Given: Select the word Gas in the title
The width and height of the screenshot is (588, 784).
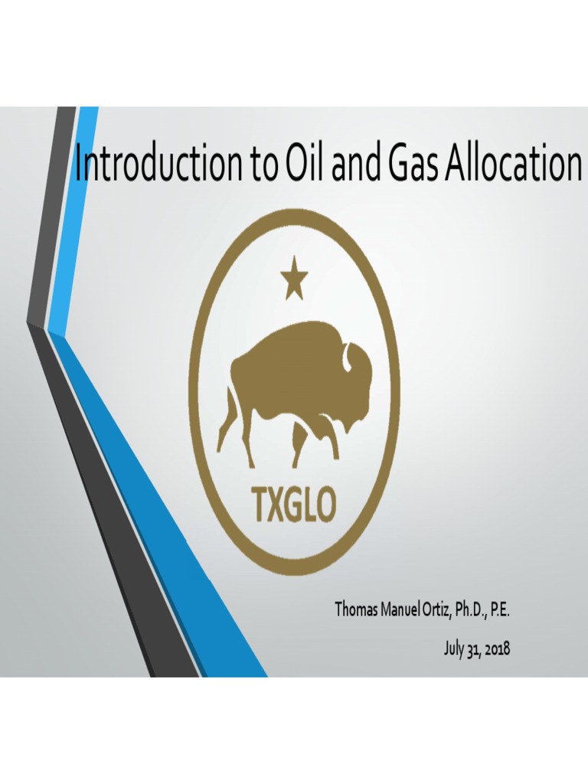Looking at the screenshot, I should click(x=407, y=164).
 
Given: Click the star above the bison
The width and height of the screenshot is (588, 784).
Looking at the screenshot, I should click(x=293, y=280).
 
